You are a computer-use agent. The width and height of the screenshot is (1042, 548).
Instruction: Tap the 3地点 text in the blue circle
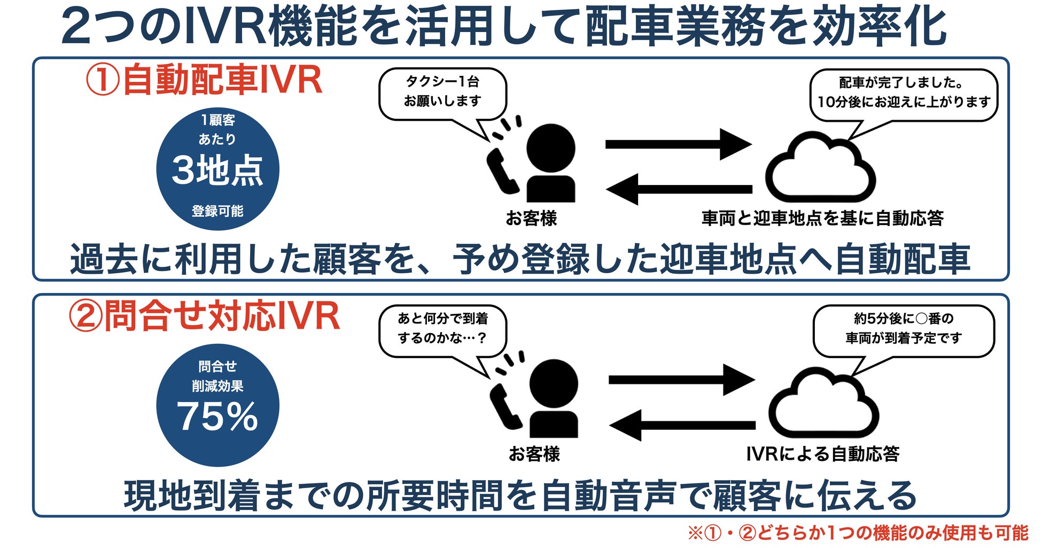217,171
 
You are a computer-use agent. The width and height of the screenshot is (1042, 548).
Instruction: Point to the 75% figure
217,416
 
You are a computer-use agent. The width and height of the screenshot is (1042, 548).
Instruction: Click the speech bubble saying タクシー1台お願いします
442,92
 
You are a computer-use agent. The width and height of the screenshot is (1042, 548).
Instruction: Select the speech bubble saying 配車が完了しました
904,93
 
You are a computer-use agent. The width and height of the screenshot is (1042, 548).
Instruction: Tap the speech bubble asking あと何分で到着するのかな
442,329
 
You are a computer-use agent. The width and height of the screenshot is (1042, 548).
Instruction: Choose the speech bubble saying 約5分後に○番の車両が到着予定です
904,329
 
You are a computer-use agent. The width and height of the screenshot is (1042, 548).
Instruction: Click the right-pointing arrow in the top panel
679,144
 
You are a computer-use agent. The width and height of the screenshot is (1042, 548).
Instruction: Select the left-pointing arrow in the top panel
679,189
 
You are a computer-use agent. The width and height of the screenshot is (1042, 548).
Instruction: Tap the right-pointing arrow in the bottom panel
681,380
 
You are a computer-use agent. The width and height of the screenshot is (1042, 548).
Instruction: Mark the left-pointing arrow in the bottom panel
681,426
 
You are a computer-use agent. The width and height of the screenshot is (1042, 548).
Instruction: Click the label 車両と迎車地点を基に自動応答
822,218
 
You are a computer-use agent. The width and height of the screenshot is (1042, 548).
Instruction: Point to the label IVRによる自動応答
822,454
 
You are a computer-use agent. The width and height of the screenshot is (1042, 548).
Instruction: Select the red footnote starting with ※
857,533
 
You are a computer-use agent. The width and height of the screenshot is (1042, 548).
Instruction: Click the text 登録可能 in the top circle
217,211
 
